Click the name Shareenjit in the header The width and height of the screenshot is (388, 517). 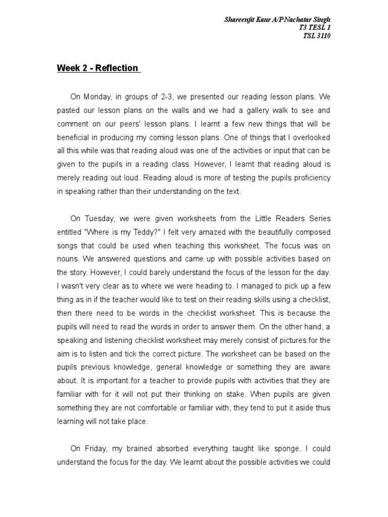[x=239, y=20]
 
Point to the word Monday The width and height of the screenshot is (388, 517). [x=96, y=96]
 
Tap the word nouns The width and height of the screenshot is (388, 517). [x=68, y=259]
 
